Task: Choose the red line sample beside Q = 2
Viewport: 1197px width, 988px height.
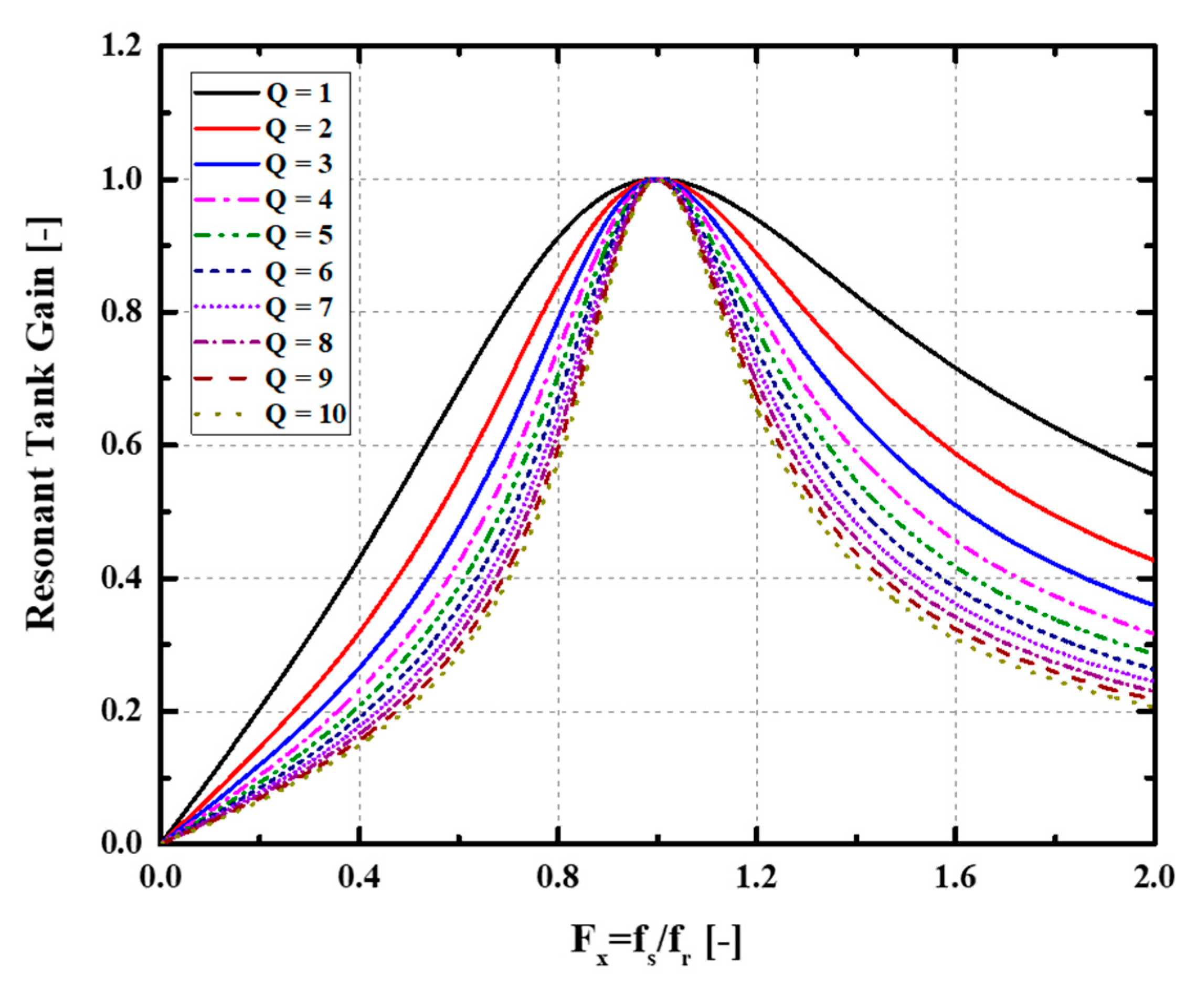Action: click(x=226, y=129)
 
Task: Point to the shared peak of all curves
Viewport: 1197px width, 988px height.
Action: click(x=657, y=179)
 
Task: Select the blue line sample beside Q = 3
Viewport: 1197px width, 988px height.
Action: click(x=226, y=164)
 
